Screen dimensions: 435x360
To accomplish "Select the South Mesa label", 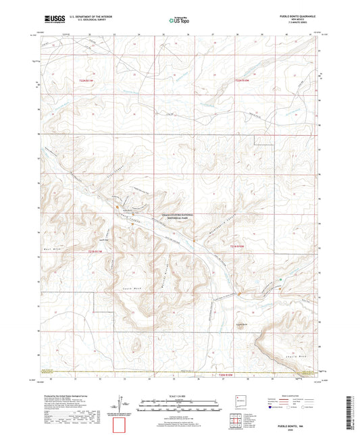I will pos(128,288).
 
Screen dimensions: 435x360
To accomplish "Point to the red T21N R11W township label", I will pos(95,251).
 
